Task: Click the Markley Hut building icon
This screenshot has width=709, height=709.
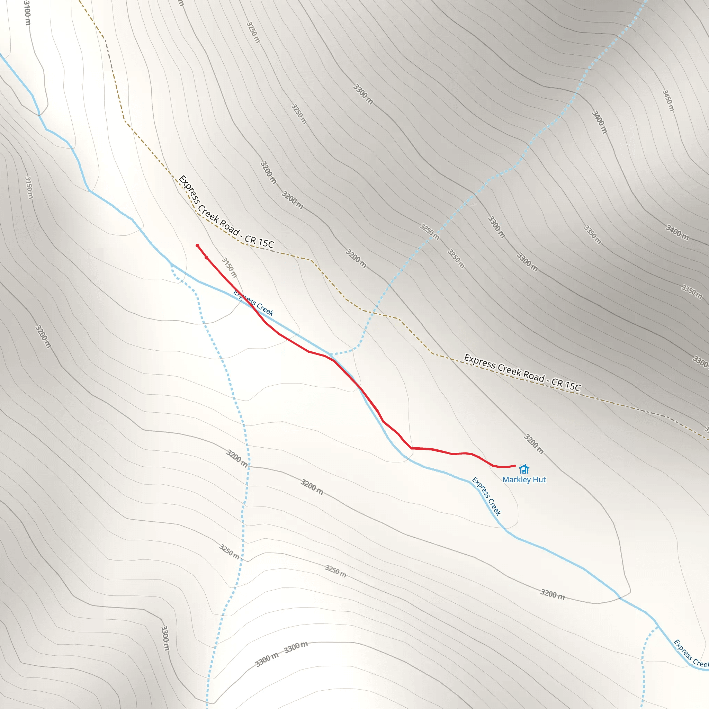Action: pyautogui.click(x=524, y=469)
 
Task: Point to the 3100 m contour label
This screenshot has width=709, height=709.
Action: pyautogui.click(x=26, y=13)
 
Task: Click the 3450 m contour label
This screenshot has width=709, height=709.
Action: pyautogui.click(x=668, y=100)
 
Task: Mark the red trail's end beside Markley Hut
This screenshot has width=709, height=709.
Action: pyautogui.click(x=515, y=466)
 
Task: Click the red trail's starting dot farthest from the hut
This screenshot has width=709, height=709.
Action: pyautogui.click(x=197, y=245)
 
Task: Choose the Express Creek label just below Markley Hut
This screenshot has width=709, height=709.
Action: pyautogui.click(x=486, y=496)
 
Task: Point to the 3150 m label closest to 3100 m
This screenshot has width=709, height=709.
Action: pyautogui.click(x=29, y=188)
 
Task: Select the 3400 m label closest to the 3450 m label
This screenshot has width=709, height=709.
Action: pyautogui.click(x=600, y=122)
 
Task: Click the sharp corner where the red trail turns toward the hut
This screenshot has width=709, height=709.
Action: pyautogui.click(x=411, y=448)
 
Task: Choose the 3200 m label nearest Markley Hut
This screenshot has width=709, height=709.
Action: pyautogui.click(x=533, y=444)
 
